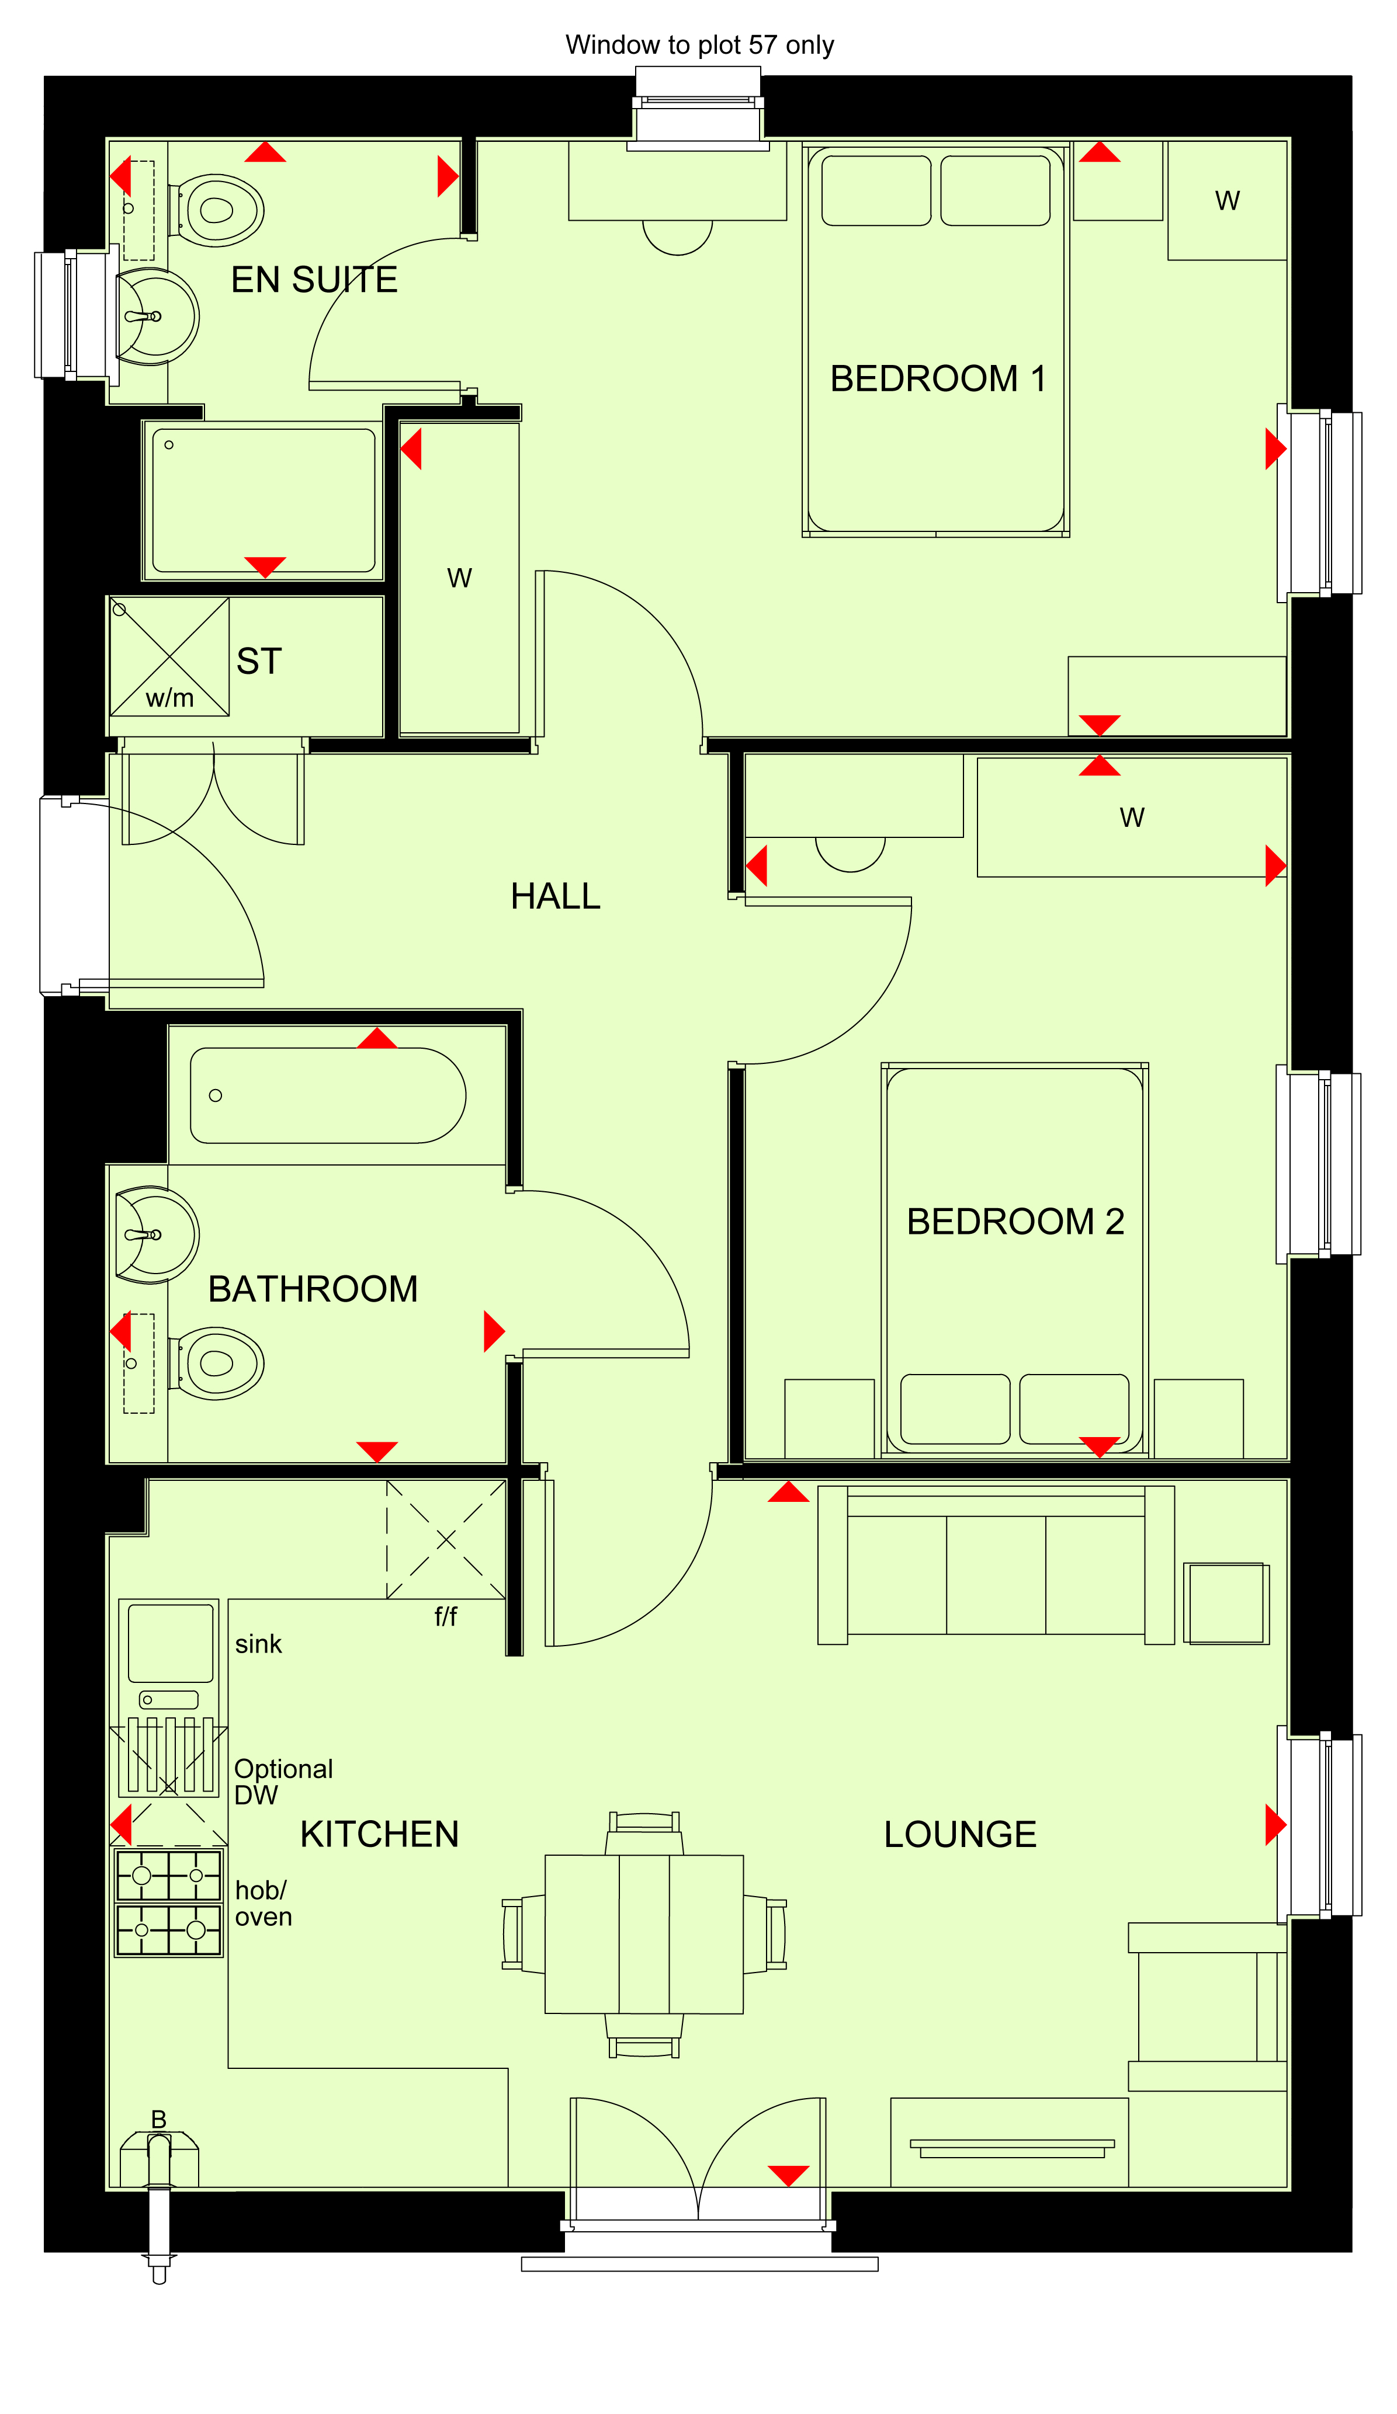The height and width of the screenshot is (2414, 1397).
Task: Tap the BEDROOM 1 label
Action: [937, 378]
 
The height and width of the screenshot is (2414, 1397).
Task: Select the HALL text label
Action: [555, 896]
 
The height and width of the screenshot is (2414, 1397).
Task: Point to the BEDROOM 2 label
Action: [1015, 1222]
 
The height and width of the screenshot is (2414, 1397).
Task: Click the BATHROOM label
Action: [313, 1288]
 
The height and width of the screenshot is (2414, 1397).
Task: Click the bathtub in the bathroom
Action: [328, 1095]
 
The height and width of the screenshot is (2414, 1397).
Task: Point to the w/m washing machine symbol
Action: [169, 657]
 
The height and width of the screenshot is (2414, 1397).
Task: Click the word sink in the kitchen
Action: [259, 1644]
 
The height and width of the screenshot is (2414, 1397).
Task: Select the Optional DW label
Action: [283, 1781]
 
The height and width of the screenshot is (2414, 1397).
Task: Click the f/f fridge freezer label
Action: [446, 1617]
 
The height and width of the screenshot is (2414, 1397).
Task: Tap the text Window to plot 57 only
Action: [699, 45]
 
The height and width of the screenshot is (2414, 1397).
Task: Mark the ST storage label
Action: [259, 661]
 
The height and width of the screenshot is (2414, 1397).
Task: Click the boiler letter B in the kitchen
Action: [159, 2119]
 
